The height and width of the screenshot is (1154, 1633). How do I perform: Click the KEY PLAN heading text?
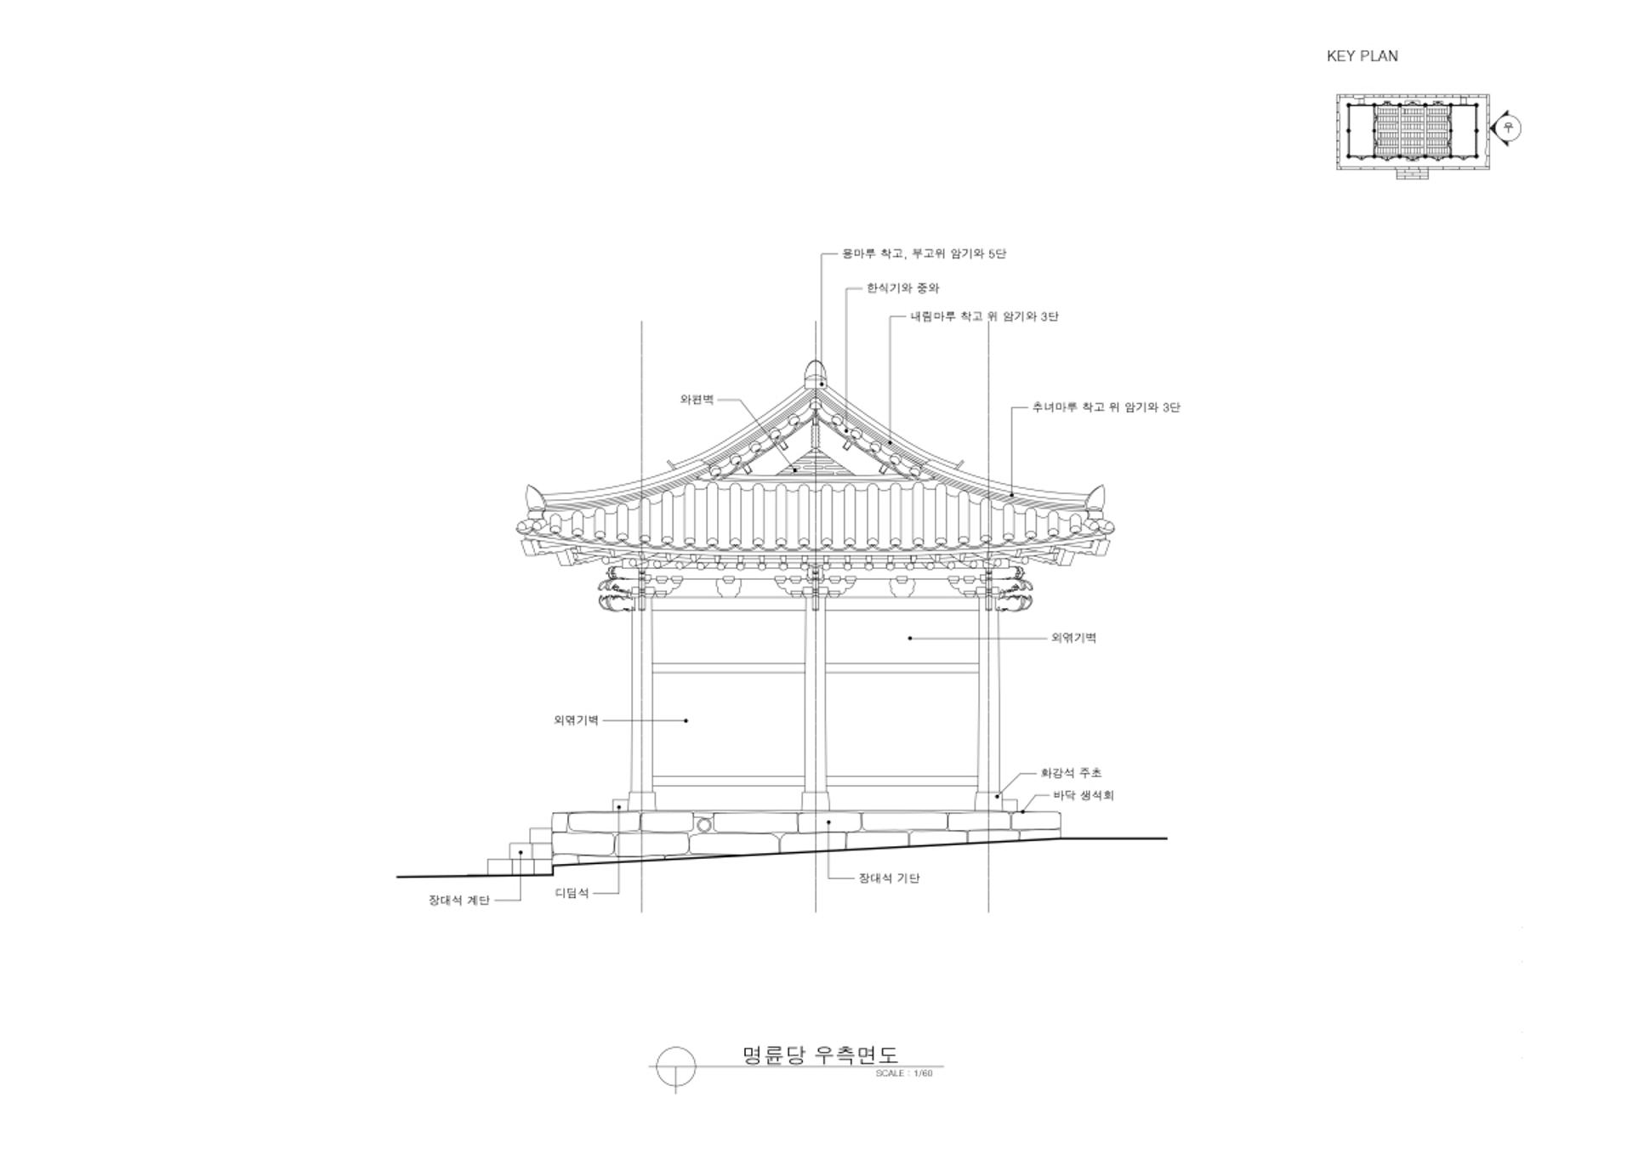pyautogui.click(x=1362, y=56)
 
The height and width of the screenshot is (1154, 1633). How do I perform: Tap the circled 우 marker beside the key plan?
pyautogui.click(x=1509, y=128)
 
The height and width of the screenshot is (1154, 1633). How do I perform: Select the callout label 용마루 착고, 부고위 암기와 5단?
pyautogui.click(x=924, y=253)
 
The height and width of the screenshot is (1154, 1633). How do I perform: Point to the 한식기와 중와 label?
pyautogui.click(x=902, y=288)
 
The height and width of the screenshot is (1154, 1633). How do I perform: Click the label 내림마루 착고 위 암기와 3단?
pyautogui.click(x=984, y=316)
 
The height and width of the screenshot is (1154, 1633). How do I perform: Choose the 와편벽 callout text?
pyautogui.click(x=697, y=399)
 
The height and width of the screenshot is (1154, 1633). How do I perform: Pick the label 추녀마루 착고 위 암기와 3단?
pyautogui.click(x=1106, y=407)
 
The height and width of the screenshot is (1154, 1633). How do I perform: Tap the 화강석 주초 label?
pyautogui.click(x=1071, y=773)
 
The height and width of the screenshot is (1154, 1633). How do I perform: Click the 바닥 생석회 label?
pyautogui.click(x=1083, y=795)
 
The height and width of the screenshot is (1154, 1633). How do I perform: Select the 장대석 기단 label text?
pyautogui.click(x=889, y=878)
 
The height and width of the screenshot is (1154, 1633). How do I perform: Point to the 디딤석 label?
pyautogui.click(x=572, y=893)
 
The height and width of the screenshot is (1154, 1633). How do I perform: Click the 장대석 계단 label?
pyautogui.click(x=458, y=901)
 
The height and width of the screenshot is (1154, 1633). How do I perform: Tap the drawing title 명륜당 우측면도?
pyautogui.click(x=820, y=1055)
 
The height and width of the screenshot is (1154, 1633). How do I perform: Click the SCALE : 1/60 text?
pyautogui.click(x=904, y=1073)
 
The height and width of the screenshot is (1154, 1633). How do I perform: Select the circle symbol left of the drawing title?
pyautogui.click(x=676, y=1066)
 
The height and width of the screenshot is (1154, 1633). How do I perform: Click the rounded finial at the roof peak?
pyautogui.click(x=816, y=372)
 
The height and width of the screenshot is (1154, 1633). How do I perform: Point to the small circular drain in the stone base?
pyautogui.click(x=703, y=825)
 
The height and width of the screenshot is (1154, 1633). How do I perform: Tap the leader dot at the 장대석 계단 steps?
pyautogui.click(x=521, y=852)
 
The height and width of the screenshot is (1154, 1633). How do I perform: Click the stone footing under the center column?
pyautogui.click(x=816, y=802)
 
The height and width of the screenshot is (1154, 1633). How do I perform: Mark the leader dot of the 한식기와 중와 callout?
pyautogui.click(x=845, y=431)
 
